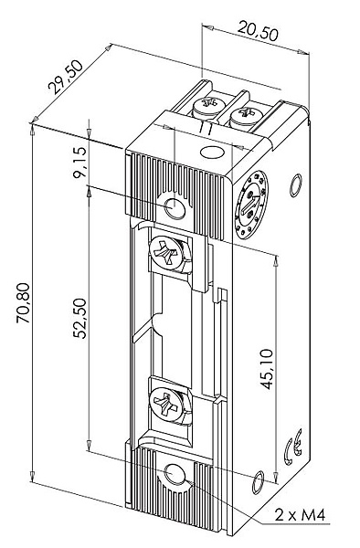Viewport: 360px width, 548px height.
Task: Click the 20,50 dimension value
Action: coord(258,31)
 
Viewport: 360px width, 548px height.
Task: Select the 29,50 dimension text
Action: coord(66,78)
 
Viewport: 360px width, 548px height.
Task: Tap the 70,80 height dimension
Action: coord(24,302)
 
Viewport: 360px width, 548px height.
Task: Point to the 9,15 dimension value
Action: coord(79,163)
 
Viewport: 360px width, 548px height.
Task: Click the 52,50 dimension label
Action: coord(79,318)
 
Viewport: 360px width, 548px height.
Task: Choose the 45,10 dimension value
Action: coord(267,369)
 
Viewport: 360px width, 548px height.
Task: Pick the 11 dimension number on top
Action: coord(206,128)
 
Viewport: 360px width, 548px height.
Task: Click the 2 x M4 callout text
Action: coord(301,515)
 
